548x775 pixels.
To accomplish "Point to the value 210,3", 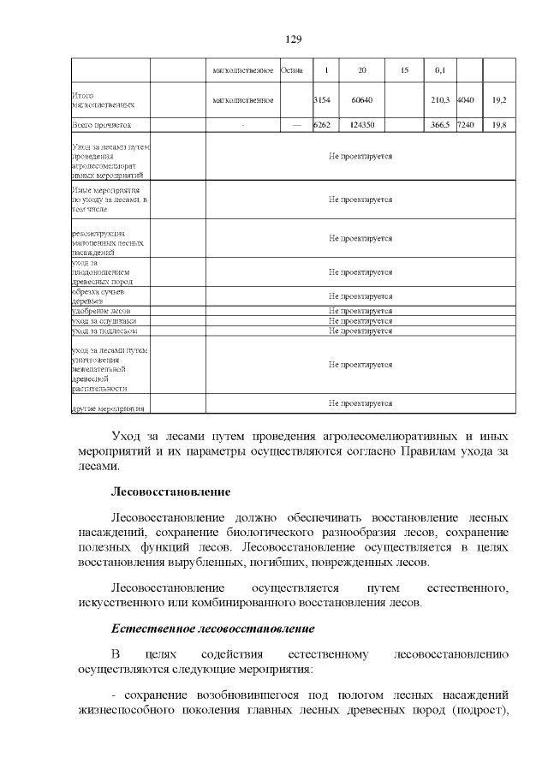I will [441, 100].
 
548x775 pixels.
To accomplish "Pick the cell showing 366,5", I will [441, 125].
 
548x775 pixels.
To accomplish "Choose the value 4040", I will [467, 100].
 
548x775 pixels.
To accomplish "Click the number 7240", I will [467, 125].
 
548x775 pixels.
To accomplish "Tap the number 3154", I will [322, 100].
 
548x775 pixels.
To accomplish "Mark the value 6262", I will [322, 125].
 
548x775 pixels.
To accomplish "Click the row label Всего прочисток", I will [99, 125].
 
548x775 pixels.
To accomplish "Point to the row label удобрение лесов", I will [100, 310].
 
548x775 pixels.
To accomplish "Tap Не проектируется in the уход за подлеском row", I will [360, 330].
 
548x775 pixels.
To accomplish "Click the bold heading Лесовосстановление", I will [170, 493].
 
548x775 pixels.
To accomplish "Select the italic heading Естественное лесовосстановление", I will [212, 629].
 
